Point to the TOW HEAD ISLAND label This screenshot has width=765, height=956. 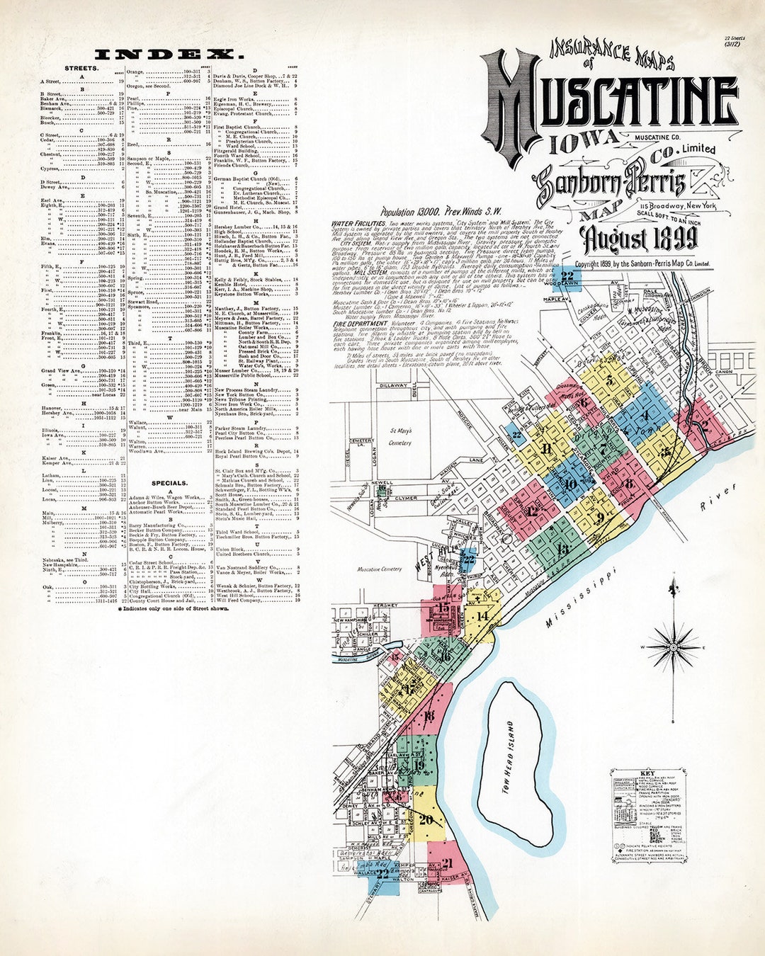pyautogui.click(x=506, y=758)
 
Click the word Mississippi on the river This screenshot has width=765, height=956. pyautogui.click(x=580, y=598)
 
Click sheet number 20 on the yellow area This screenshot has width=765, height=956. pyautogui.click(x=425, y=819)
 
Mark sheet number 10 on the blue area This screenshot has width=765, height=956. pyautogui.click(x=570, y=484)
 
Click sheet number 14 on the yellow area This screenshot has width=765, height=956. pyautogui.click(x=482, y=616)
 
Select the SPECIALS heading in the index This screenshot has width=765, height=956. pyautogui.click(x=169, y=483)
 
